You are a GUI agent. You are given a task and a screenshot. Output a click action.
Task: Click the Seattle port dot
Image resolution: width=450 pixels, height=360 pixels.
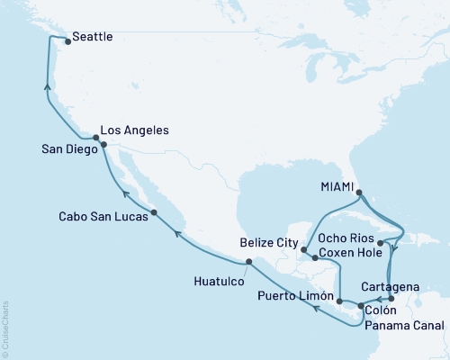coord(67,40)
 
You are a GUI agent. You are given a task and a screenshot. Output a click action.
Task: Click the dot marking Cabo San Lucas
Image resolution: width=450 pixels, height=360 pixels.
coord(155,212)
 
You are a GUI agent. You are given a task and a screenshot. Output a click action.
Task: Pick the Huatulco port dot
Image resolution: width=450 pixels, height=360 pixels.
coord(248,262)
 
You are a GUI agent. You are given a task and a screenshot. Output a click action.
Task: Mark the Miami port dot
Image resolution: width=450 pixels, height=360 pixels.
coord(358,193)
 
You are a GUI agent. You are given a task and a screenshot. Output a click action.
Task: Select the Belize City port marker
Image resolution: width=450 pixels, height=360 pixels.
coord(305,249)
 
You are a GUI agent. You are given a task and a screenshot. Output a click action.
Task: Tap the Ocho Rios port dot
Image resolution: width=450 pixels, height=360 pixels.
coord(381,242)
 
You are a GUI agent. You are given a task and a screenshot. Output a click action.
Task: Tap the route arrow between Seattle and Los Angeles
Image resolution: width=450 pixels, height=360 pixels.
coord(47,86)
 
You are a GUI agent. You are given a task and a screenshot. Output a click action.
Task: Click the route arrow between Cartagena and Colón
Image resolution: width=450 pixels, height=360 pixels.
coord(378,299)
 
